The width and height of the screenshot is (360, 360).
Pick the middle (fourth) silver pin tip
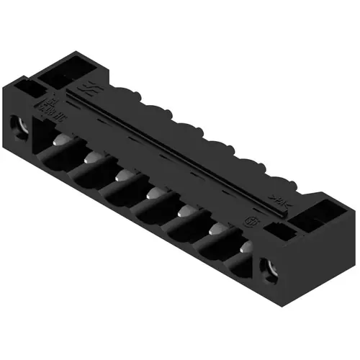(153, 193)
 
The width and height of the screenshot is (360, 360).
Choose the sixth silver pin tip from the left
(215, 228)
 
